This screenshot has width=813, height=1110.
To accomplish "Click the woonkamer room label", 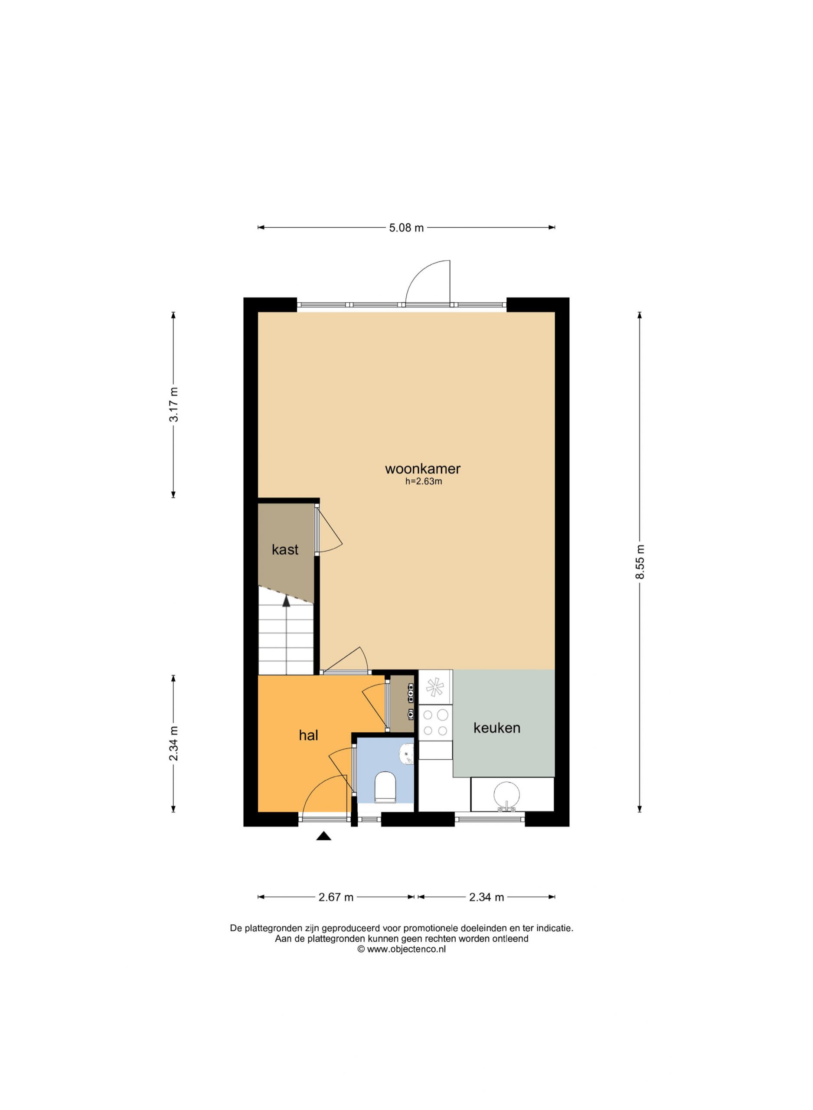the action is coord(422,468).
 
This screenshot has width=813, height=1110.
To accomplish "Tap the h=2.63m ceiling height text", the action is coord(423,482).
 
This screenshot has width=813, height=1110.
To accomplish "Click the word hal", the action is coord(308,735).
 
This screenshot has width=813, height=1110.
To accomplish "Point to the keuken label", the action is coord(496,728).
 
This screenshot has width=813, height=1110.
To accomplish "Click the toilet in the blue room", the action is coord(385,787).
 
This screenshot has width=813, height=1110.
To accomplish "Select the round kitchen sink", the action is coord(507,796).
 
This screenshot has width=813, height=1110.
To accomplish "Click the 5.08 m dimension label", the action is coord(407,228).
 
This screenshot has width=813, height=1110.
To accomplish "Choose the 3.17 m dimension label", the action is coord(173,405).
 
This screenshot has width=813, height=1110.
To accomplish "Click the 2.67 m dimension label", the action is coord(336,897).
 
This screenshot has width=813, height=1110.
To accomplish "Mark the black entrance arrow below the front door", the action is coord(323,836).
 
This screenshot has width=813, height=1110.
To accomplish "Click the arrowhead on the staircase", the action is coord(286,601).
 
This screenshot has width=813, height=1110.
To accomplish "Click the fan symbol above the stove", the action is coord(435,687).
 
